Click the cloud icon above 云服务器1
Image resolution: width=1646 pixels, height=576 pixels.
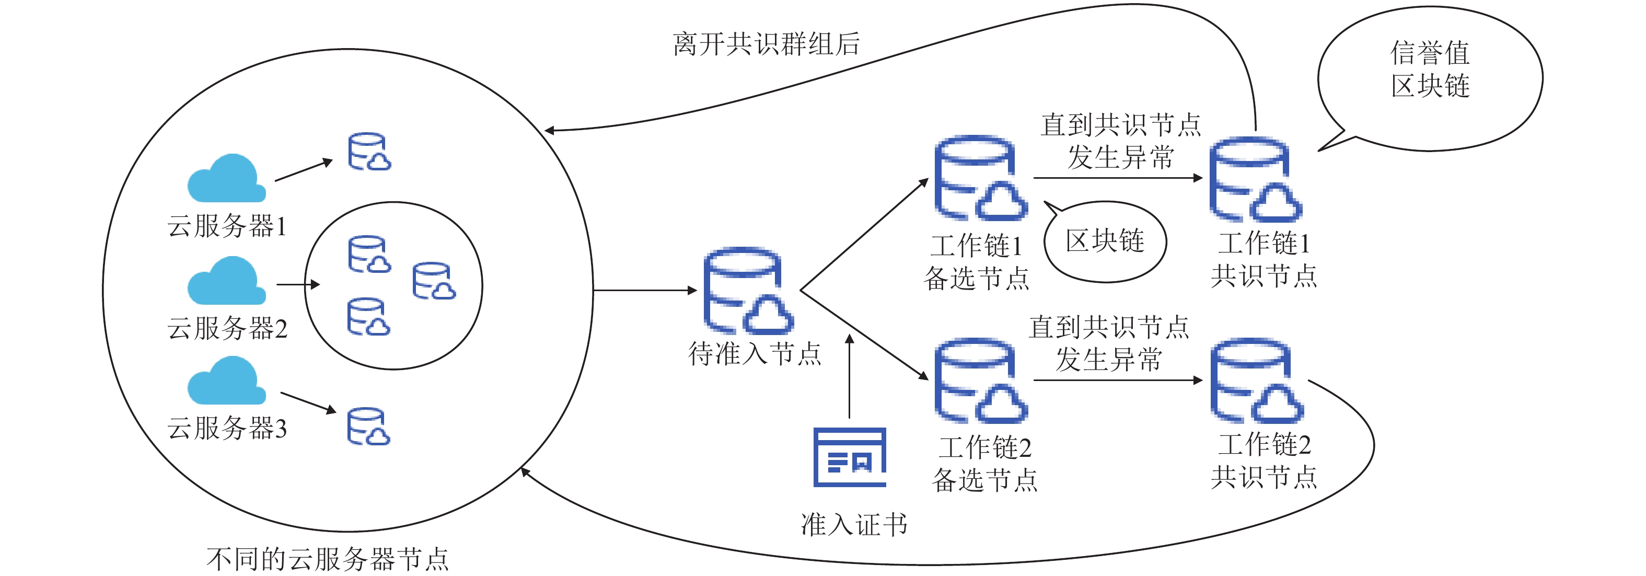tap(226, 178)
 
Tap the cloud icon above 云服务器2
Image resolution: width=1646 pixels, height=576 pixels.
tap(226, 281)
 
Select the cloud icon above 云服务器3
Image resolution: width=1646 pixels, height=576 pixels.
tap(226, 381)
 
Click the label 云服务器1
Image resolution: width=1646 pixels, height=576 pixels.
tap(227, 226)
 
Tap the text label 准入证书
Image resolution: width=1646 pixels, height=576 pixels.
tap(854, 525)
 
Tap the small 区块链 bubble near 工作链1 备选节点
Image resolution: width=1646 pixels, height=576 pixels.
tap(1105, 241)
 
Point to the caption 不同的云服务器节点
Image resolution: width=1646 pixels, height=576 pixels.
tap(327, 559)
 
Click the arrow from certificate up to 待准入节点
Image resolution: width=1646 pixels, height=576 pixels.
tap(849, 377)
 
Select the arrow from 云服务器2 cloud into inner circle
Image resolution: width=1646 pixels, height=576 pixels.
tap(298, 284)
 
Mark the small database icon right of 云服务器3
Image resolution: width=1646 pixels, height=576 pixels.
tap(368, 427)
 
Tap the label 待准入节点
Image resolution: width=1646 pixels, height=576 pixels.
tap(755, 353)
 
